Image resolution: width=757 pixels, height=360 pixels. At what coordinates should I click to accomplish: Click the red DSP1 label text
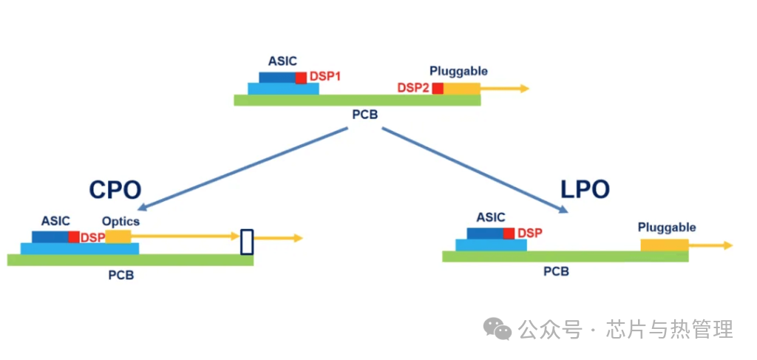(325, 76)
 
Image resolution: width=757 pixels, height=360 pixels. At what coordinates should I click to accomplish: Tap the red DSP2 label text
(413, 88)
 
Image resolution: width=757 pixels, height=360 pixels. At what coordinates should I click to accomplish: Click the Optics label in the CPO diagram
(120, 221)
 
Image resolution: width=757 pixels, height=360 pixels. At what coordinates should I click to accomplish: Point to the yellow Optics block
(118, 237)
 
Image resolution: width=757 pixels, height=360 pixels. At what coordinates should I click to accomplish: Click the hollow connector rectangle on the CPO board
(247, 242)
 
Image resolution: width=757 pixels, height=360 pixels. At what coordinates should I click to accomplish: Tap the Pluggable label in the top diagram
(458, 71)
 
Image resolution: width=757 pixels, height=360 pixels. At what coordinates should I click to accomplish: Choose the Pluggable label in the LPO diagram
(667, 227)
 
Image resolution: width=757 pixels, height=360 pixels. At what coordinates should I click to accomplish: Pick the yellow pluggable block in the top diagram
(461, 89)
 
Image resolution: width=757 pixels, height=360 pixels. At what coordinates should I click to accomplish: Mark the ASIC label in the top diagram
(282, 61)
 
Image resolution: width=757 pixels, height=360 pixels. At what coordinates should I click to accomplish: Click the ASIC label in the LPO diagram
(491, 217)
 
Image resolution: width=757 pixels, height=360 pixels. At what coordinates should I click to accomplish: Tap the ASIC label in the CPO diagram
(55, 220)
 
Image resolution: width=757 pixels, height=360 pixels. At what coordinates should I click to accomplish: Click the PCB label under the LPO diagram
(556, 271)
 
